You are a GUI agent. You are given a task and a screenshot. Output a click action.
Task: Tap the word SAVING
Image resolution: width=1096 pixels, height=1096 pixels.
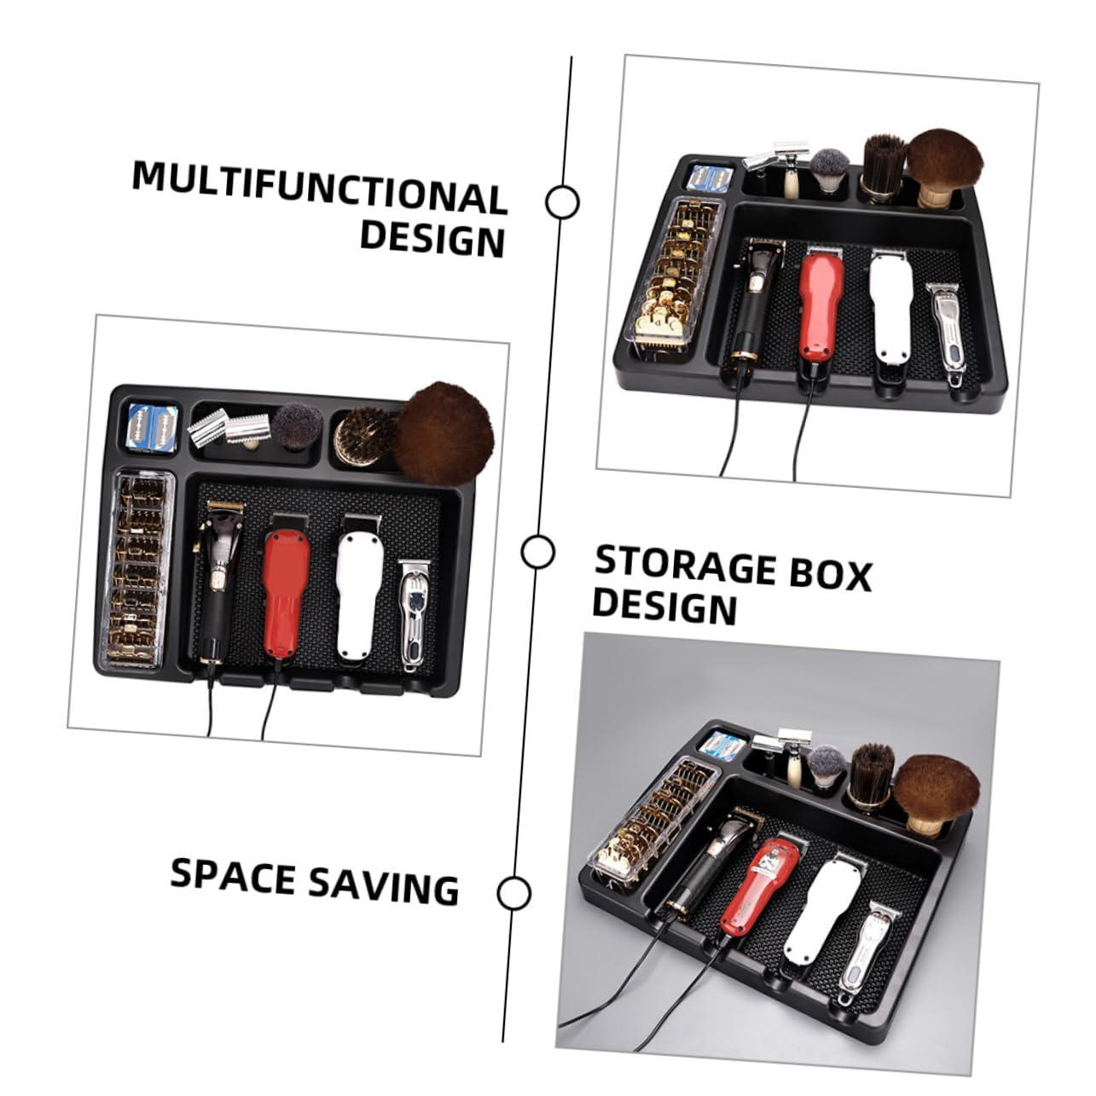[x=383, y=884]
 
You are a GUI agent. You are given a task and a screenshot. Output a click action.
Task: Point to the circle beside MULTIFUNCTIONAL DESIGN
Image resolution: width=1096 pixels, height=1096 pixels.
[x=561, y=202]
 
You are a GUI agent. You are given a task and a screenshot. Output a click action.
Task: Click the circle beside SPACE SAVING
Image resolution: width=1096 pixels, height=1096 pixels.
[x=513, y=893]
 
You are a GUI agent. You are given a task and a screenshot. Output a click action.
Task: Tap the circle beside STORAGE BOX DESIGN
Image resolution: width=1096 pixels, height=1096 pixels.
[x=537, y=551]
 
